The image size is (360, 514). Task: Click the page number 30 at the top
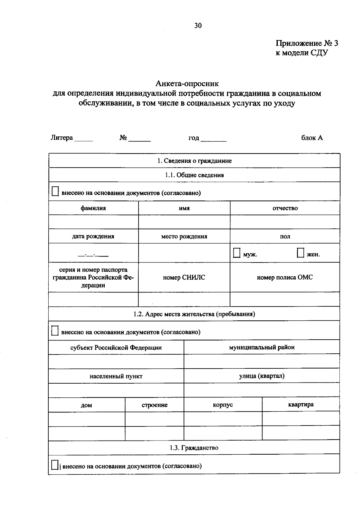click(198, 25)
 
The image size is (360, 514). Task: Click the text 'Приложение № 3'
click(307, 43)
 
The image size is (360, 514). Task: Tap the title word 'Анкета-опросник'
click(187, 83)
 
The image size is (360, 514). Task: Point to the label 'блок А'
click(312, 138)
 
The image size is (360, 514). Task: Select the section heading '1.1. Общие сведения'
click(194, 175)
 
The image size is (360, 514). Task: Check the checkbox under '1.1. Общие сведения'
click(55, 192)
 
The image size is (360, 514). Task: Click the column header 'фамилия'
click(93, 208)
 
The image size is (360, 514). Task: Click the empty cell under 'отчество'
click(285, 222)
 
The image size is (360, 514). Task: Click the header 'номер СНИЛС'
click(184, 278)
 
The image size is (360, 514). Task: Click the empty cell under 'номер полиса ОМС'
click(285, 299)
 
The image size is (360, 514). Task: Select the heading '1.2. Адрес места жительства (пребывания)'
click(194, 314)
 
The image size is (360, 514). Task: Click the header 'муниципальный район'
click(262, 347)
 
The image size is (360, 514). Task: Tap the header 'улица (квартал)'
click(262, 376)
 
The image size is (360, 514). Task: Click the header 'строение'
click(154, 405)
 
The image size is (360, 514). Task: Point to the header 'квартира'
click(301, 405)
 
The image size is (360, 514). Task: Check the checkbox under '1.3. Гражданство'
click(55, 465)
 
